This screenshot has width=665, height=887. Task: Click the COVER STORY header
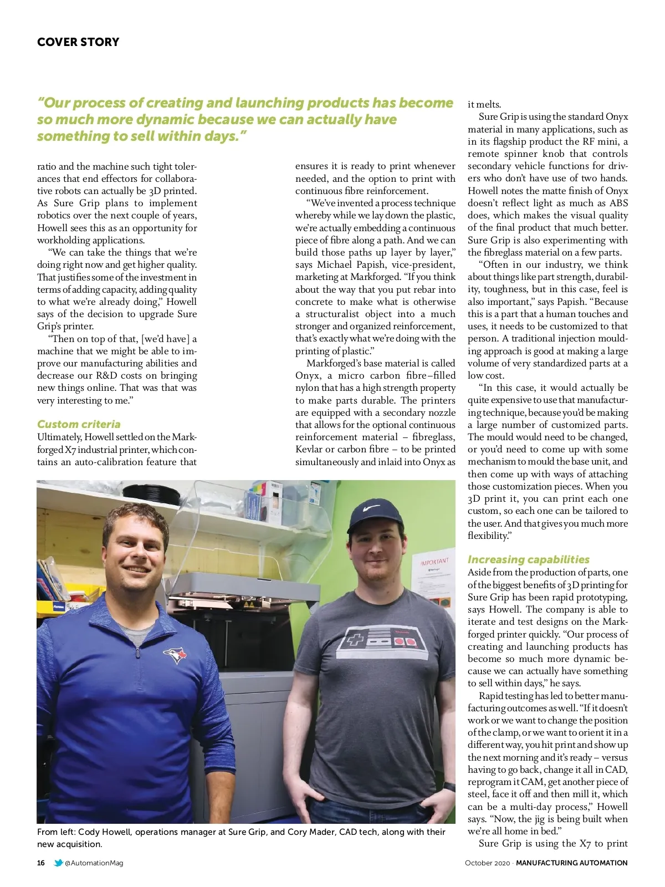tap(78, 42)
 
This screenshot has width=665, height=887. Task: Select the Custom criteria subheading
tap(79, 424)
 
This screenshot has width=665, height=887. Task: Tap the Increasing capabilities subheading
tap(528, 559)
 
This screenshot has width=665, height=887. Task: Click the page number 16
tap(41, 863)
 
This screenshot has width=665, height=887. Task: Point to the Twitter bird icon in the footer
tap(58, 863)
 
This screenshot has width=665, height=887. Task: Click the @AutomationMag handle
tap(94, 863)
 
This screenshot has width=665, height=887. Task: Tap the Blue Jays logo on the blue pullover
tap(176, 655)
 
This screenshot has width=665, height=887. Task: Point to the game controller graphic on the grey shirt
tap(381, 641)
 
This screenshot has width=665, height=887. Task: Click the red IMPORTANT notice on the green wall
tap(434, 562)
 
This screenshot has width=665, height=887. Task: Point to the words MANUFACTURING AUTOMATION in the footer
tap(572, 863)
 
